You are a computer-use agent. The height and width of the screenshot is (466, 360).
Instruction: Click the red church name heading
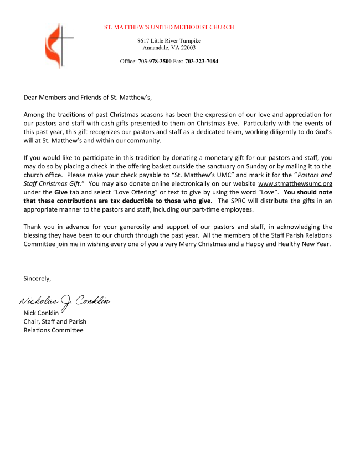[x=169, y=27]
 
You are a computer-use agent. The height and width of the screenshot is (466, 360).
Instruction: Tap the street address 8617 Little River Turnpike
[x=169, y=41]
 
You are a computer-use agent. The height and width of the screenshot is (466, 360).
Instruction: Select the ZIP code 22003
[x=187, y=48]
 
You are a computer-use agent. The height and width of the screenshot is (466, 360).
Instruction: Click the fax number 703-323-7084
[x=201, y=61]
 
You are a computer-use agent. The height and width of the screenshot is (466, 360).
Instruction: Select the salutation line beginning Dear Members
[x=87, y=97]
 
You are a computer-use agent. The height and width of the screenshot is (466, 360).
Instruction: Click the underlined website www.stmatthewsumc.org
[x=295, y=183]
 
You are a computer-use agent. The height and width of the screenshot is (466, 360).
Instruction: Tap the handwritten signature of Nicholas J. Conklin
[x=65, y=301]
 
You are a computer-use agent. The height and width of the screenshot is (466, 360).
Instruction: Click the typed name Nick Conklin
[x=41, y=313]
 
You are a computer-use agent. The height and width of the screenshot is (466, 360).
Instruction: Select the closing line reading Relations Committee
[x=53, y=330]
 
